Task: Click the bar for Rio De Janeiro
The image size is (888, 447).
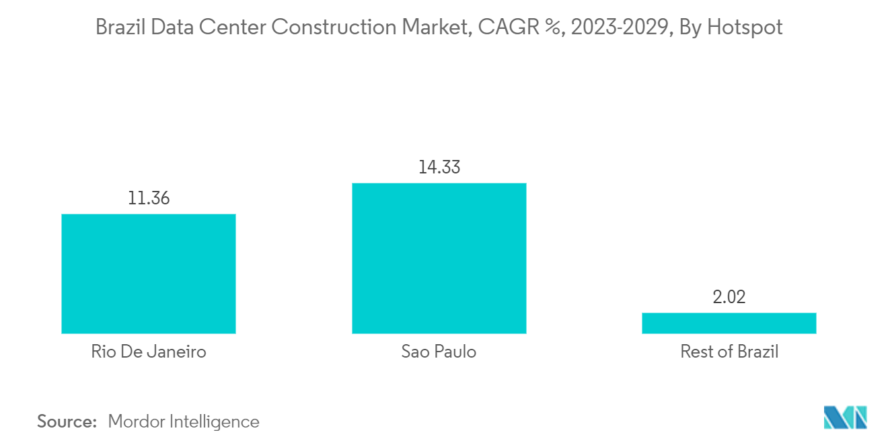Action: (148, 274)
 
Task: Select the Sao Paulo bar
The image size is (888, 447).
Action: (439, 258)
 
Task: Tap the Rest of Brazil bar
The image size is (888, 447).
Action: (729, 323)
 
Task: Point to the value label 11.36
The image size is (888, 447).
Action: (148, 199)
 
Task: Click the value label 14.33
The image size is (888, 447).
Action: (439, 167)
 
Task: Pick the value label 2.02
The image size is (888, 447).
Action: (729, 297)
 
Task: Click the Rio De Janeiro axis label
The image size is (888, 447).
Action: (148, 352)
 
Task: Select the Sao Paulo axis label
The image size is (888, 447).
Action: (439, 352)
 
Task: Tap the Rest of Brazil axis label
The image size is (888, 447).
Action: (729, 352)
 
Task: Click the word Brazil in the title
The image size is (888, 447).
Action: (118, 28)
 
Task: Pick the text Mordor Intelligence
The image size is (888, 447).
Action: (183, 421)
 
